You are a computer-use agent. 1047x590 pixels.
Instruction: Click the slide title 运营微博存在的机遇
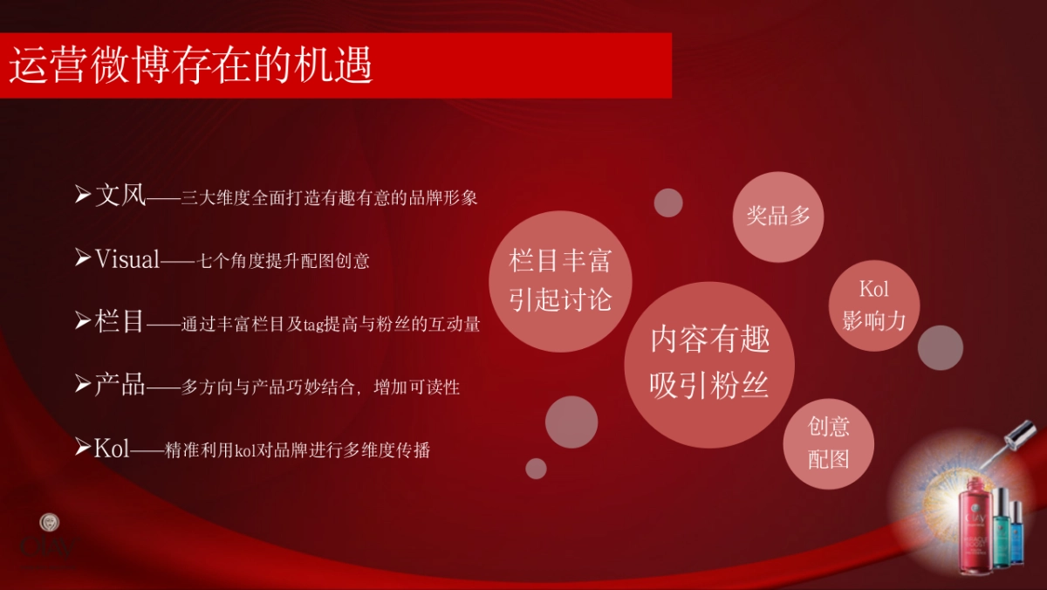click(x=191, y=65)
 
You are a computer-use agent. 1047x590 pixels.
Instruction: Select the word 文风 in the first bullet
click(x=120, y=196)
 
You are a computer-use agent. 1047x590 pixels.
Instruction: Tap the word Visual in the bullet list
click(x=127, y=258)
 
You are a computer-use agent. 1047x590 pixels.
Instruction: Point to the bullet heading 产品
click(x=120, y=385)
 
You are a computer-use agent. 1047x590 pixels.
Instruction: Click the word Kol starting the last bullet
click(x=112, y=449)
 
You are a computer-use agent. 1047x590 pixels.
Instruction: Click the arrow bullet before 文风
click(x=83, y=194)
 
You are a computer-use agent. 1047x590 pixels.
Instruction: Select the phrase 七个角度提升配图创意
click(x=284, y=260)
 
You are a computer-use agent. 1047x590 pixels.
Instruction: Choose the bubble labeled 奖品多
click(x=778, y=216)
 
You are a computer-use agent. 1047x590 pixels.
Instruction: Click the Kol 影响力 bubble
click(x=873, y=305)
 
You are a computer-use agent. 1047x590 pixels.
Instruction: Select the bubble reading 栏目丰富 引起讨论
click(x=560, y=280)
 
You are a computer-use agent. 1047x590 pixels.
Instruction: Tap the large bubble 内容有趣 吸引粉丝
click(x=708, y=362)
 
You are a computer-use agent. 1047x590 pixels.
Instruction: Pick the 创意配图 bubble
click(x=828, y=442)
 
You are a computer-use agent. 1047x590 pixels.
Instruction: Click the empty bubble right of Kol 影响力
click(x=940, y=347)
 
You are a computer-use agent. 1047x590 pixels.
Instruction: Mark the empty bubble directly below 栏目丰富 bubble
click(x=571, y=422)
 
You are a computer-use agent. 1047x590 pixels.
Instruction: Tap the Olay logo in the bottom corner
click(x=50, y=541)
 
